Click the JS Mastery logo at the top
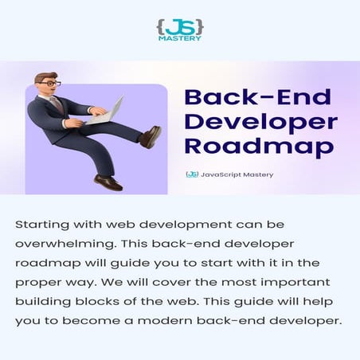180,29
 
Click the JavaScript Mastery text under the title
237,174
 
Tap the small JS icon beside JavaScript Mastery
192,174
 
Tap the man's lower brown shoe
108,182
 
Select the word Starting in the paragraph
41,225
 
